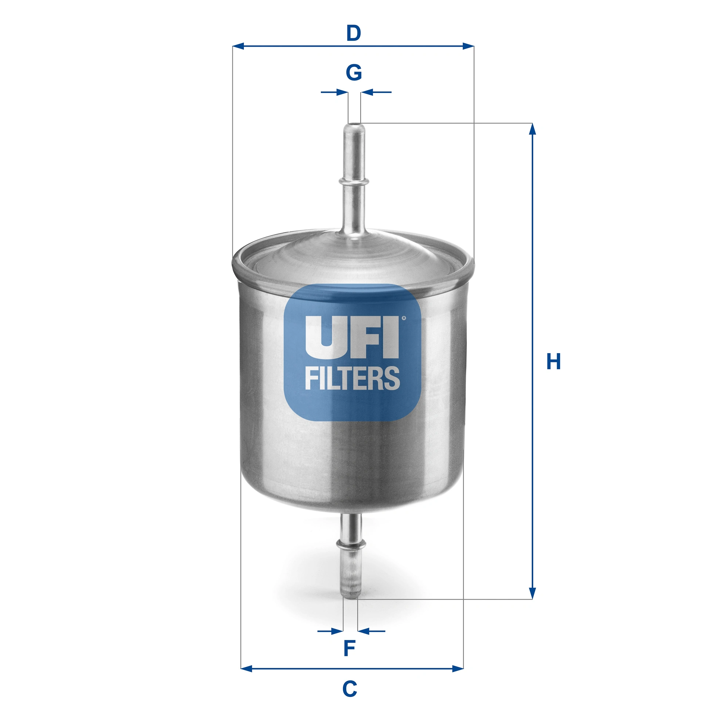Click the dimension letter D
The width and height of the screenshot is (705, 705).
354,33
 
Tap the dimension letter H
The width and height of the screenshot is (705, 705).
553,361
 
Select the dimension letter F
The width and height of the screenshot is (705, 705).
349,648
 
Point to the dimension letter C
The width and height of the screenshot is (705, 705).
350,688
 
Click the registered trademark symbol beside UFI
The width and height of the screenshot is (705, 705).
404,318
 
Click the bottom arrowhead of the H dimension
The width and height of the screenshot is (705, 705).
532,604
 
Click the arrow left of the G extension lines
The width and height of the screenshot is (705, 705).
341,92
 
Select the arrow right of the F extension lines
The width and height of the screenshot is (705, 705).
364,631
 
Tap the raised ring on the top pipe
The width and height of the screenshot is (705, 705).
354,181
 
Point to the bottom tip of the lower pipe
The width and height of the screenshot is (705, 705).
351,597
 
